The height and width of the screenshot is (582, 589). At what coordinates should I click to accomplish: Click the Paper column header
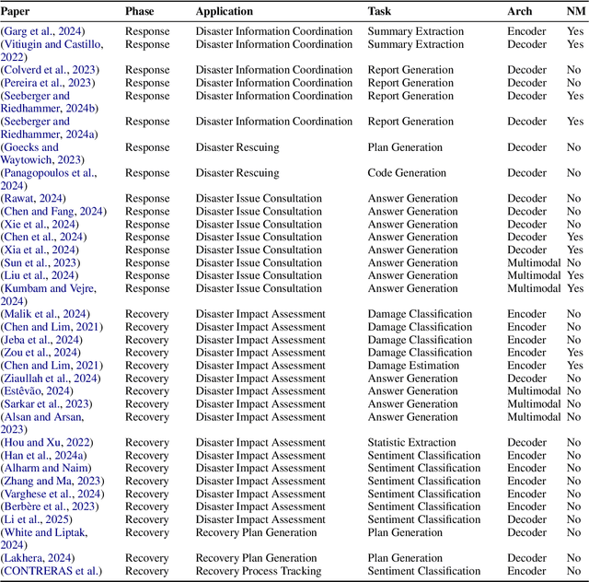[17, 11]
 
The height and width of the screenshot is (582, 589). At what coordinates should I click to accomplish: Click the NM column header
[575, 11]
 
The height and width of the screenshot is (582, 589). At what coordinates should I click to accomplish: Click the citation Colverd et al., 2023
[51, 70]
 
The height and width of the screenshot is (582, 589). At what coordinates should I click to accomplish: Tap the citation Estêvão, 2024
[41, 390]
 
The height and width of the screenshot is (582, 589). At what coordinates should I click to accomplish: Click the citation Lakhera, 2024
[41, 557]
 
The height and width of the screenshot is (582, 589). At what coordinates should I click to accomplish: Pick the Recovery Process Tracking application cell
[259, 570]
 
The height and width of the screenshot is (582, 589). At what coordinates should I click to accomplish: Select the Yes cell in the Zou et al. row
[575, 352]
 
